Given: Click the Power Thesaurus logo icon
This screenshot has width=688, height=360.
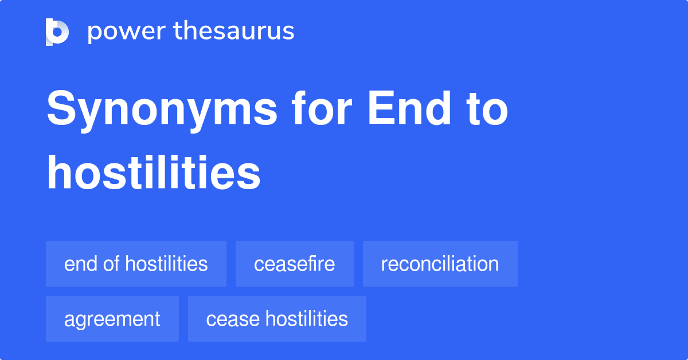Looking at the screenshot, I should (x=57, y=32).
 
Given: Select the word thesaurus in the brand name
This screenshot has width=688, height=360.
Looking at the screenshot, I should (x=234, y=32).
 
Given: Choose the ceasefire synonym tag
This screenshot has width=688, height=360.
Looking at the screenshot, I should (x=295, y=264).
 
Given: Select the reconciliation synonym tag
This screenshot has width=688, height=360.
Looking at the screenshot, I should (x=440, y=264).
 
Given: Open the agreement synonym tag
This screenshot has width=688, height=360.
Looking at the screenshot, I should (x=112, y=319).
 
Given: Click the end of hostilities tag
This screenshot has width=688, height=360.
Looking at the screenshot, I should (x=136, y=264).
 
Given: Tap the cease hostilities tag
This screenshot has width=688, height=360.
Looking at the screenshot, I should (x=277, y=319).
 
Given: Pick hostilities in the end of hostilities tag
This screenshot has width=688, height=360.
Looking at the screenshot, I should (x=166, y=264).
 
